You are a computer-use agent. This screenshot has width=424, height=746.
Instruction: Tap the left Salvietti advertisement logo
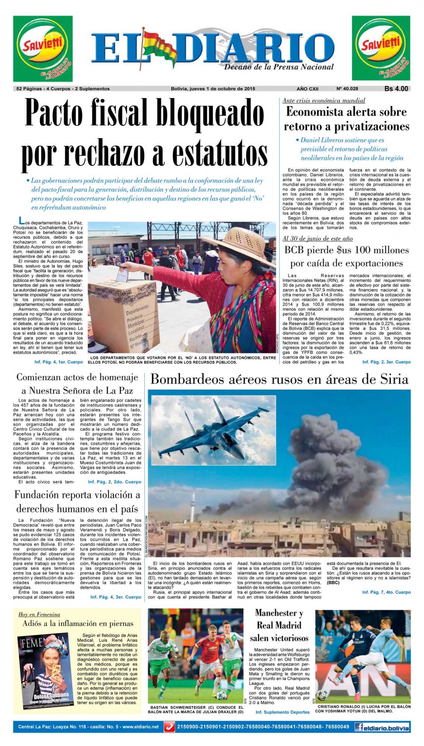(43, 49)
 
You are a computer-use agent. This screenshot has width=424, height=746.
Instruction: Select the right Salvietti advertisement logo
(381, 49)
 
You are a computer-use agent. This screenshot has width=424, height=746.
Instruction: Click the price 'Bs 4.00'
(396, 89)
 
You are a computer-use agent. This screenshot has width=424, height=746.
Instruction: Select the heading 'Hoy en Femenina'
(39, 615)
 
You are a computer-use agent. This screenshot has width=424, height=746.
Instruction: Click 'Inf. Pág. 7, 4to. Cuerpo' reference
(386, 592)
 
